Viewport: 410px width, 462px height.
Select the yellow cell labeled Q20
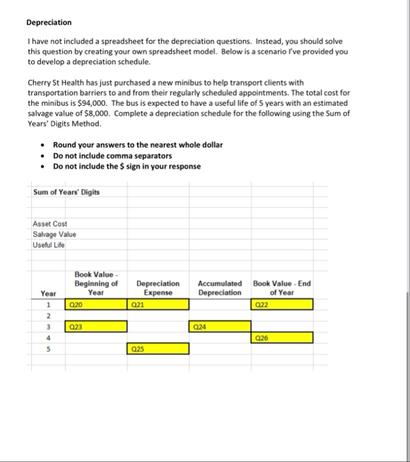click(x=96, y=304)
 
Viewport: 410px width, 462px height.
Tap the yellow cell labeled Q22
click(x=282, y=304)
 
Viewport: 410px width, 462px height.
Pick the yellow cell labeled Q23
click(x=96, y=326)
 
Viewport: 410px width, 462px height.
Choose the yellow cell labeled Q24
click(x=220, y=326)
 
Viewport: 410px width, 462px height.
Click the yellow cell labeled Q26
click(x=282, y=337)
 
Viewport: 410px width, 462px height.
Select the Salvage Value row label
click(x=54, y=235)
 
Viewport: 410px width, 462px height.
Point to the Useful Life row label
click(x=49, y=244)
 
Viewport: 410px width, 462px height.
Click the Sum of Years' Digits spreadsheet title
click(x=66, y=192)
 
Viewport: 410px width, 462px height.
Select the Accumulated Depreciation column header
click(x=220, y=288)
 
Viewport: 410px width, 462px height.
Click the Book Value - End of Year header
click(x=282, y=288)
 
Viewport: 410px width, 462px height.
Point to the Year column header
click(x=48, y=293)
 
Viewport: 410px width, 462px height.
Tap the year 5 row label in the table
click(x=48, y=349)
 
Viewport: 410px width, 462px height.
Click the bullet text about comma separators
click(x=112, y=155)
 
